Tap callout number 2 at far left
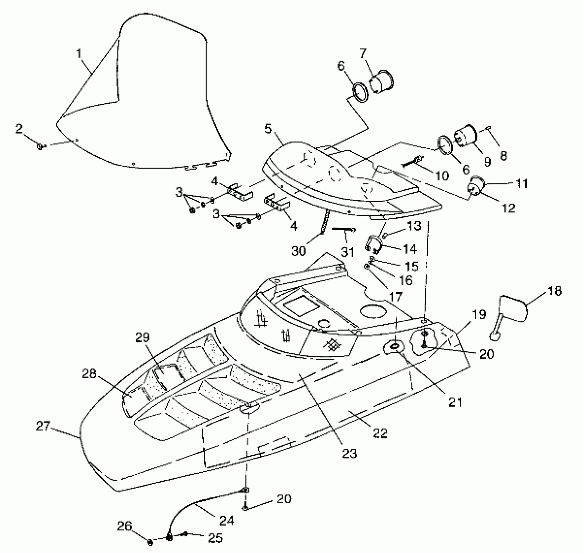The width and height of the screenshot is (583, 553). [x=19, y=129]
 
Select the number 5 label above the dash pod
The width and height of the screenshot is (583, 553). [x=268, y=129]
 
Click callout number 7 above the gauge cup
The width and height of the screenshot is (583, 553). [x=363, y=53]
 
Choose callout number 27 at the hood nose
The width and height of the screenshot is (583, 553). [x=43, y=426]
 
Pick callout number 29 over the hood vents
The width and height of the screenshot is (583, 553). [x=142, y=338]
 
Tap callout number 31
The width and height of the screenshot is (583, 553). [x=346, y=251]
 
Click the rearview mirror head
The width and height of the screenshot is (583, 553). [x=513, y=308]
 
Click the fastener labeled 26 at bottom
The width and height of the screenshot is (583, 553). [x=150, y=542]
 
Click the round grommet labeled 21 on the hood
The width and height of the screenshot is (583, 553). [x=395, y=347]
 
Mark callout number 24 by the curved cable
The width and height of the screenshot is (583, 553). [x=226, y=521]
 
